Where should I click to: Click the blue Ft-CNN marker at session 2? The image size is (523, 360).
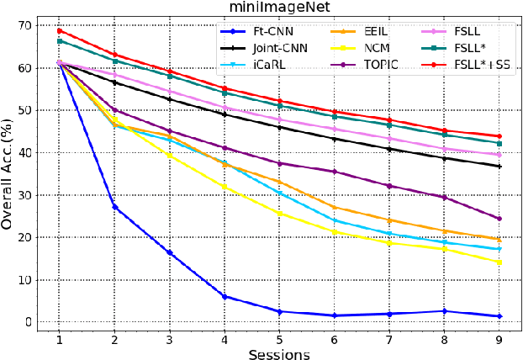click(x=114, y=207)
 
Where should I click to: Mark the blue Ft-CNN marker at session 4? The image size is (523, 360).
click(x=225, y=296)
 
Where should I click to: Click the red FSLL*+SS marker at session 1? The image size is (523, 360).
click(x=60, y=30)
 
